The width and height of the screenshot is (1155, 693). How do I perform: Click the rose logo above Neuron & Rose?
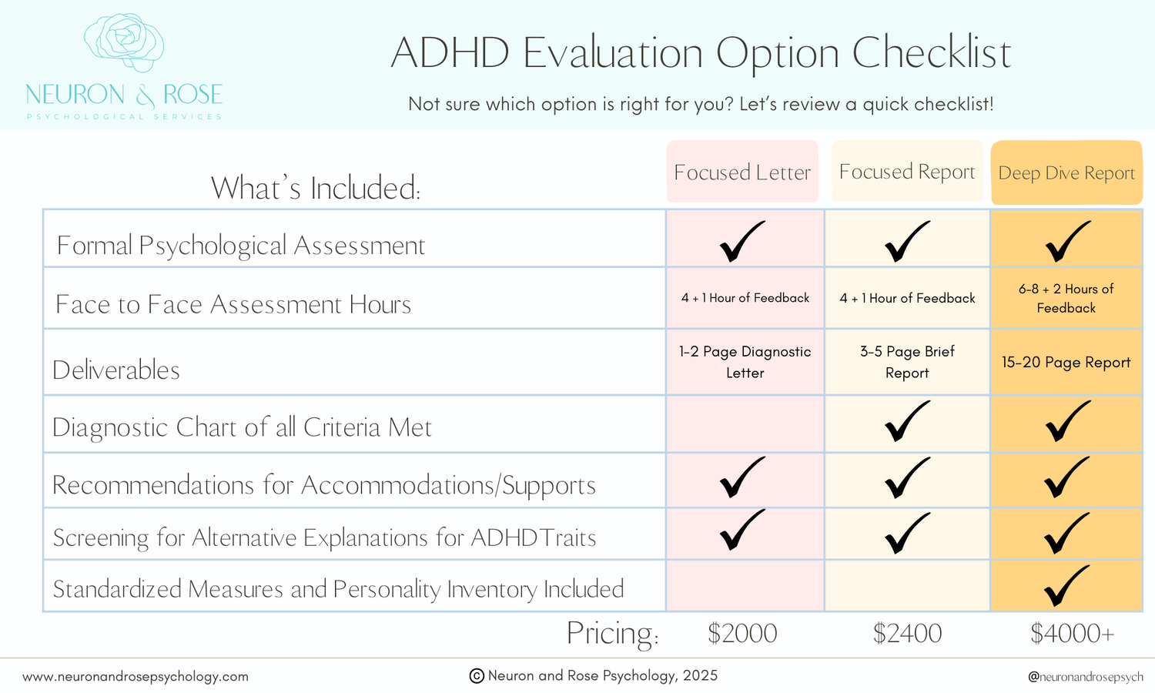pyautogui.click(x=124, y=42)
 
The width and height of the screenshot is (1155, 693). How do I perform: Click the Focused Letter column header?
pyautogui.click(x=742, y=172)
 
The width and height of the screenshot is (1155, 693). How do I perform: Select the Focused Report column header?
pyautogui.click(x=907, y=171)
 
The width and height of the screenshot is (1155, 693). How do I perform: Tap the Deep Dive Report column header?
pyautogui.click(x=1066, y=172)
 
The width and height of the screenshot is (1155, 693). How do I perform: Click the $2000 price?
pyautogui.click(x=742, y=633)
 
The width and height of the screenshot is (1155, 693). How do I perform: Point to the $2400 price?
pyautogui.click(x=907, y=633)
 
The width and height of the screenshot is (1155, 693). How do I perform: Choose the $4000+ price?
pyautogui.click(x=1072, y=633)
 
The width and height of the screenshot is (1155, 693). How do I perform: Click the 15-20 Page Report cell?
pyautogui.click(x=1066, y=362)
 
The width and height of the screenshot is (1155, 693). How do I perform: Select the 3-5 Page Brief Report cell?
pyautogui.click(x=907, y=362)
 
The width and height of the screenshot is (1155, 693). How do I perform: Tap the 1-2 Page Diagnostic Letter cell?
pyautogui.click(x=745, y=362)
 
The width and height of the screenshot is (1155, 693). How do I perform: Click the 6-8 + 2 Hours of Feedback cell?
pyautogui.click(x=1066, y=298)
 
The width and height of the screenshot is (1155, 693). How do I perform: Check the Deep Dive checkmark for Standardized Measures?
pyautogui.click(x=1066, y=586)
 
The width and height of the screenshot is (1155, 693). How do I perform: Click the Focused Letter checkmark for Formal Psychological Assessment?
pyautogui.click(x=742, y=241)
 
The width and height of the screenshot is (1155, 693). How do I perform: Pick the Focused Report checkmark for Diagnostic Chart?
pyautogui.click(x=907, y=421)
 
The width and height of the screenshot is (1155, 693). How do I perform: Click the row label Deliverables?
pyautogui.click(x=116, y=370)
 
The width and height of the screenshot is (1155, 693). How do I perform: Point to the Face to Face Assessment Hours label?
pyautogui.click(x=233, y=305)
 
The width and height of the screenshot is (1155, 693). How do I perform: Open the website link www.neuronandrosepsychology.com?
pyautogui.click(x=136, y=677)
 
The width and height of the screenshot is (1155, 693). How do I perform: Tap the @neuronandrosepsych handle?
pyautogui.click(x=1085, y=677)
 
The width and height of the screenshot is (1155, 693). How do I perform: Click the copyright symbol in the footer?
pyautogui.click(x=477, y=676)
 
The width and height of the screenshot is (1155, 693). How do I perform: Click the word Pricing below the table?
pyautogui.click(x=612, y=633)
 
